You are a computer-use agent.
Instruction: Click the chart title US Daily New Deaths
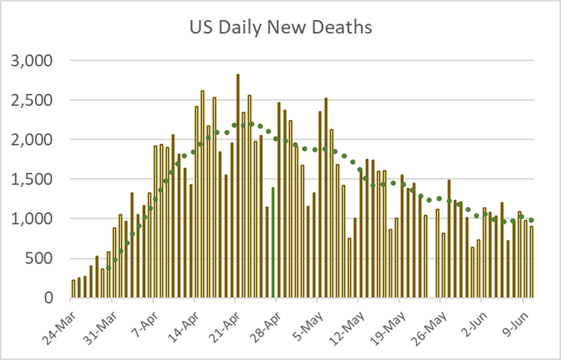[280, 27]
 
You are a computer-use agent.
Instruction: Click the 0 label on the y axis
[49, 298]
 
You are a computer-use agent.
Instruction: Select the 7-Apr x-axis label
[144, 321]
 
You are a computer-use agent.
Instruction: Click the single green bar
[273, 243]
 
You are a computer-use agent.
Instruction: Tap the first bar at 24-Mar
[74, 289]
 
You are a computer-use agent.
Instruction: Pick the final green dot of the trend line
[532, 220]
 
